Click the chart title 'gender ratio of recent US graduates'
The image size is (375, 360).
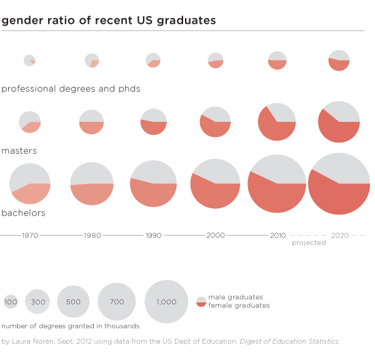109,20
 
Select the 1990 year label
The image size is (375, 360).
153,236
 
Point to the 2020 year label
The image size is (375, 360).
341,236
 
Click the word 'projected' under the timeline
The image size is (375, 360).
309,242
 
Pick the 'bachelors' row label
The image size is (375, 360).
24,213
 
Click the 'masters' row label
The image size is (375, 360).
19,151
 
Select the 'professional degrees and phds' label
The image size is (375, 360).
71,89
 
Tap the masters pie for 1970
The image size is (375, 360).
30,122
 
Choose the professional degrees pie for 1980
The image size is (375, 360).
92,60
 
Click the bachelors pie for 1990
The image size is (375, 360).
153,184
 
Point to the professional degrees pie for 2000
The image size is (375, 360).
216,60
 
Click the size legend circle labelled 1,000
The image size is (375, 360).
166,301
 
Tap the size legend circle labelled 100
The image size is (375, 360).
11,302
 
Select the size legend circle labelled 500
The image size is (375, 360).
73,302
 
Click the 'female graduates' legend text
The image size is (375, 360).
239,306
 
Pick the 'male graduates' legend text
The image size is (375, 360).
236,297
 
